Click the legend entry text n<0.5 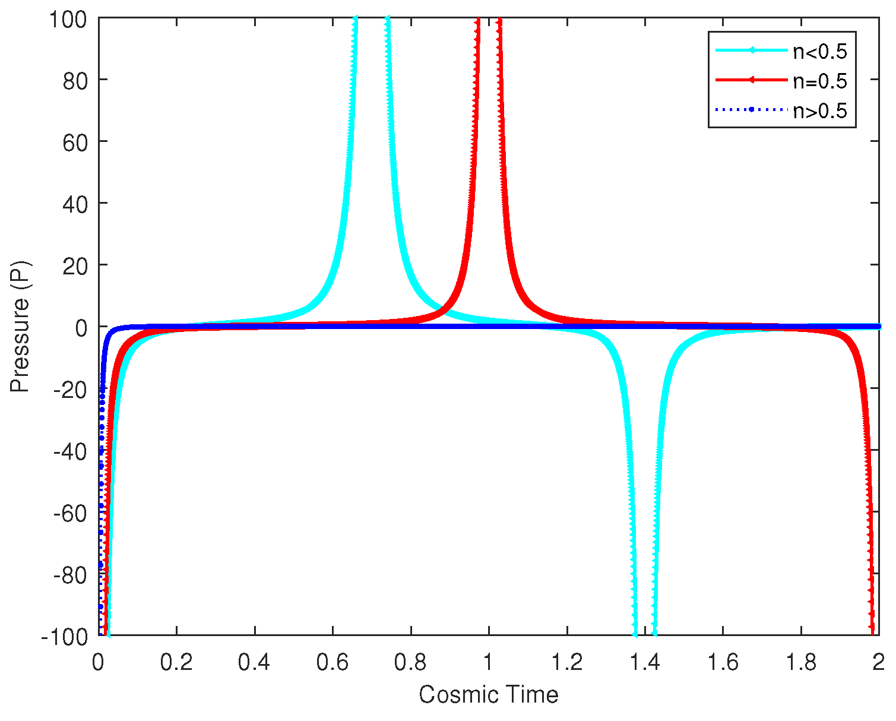pyautogui.click(x=819, y=52)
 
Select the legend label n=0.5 pyautogui.click(x=819, y=81)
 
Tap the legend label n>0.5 pyautogui.click(x=819, y=110)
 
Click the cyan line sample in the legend pyautogui.click(x=752, y=51)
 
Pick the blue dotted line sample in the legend pyautogui.click(x=752, y=109)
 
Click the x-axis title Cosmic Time pyautogui.click(x=488, y=694)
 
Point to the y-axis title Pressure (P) pyautogui.click(x=20, y=327)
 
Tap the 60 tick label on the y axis pyautogui.click(x=77, y=143)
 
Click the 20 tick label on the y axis pyautogui.click(x=77, y=265)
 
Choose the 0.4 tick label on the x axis pyautogui.click(x=255, y=662)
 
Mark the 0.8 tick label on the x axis pyautogui.click(x=411, y=662)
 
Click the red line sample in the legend pyautogui.click(x=752, y=80)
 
